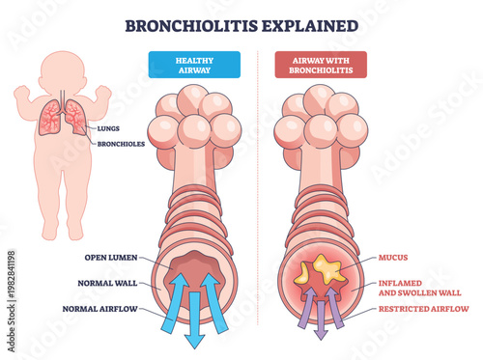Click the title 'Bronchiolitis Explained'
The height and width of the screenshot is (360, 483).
pyautogui.click(x=241, y=23)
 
